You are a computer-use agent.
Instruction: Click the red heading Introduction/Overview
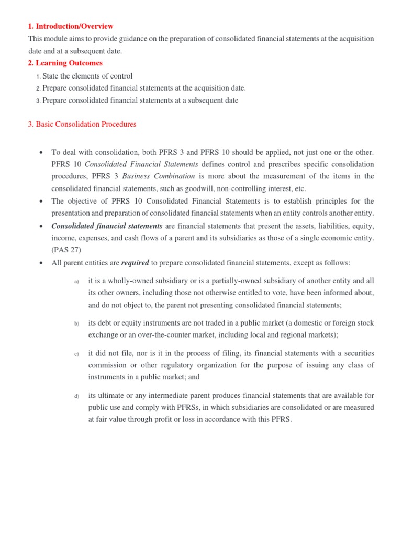pos(70,26)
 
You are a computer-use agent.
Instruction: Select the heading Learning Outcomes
pos(65,63)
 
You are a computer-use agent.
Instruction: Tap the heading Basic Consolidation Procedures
pos(82,125)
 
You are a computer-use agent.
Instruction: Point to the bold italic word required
pos(135,263)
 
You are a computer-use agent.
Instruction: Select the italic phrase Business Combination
pos(158,176)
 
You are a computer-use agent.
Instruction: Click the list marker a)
pos(76,282)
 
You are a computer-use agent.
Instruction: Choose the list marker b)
pos(76,324)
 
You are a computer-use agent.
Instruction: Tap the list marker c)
pos(76,354)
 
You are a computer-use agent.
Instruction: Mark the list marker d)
pos(76,396)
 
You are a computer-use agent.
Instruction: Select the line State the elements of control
pos(87,76)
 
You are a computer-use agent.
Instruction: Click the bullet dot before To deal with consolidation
pos(41,153)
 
